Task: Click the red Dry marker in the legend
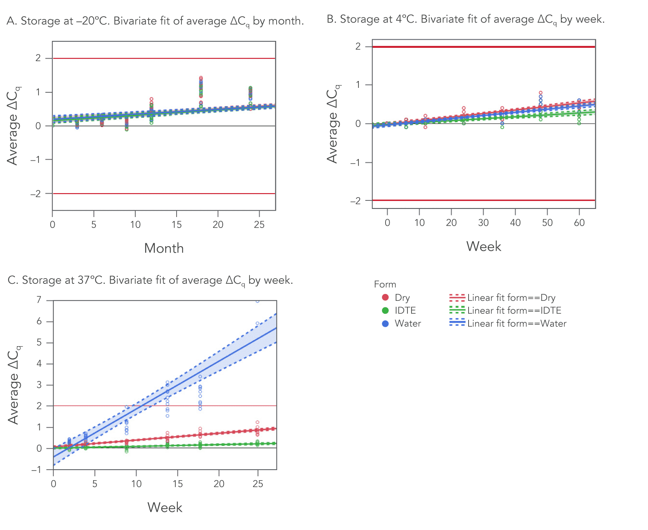[385, 298]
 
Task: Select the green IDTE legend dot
[385, 311]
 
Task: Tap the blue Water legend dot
[385, 324]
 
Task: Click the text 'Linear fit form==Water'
[516, 324]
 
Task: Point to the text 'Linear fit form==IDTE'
[514, 311]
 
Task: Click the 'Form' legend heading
[385, 284]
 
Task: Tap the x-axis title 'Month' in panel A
[164, 248]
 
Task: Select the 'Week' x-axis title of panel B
[484, 246]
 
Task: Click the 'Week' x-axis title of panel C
[164, 507]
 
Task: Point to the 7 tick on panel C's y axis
[39, 300]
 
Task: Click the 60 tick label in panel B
[579, 223]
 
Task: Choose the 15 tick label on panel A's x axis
[177, 225]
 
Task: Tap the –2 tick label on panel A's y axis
[36, 194]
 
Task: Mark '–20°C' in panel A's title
[95, 21]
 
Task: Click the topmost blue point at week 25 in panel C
[257, 301]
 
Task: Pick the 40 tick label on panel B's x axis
[515, 223]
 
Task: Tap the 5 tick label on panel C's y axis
[39, 343]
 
